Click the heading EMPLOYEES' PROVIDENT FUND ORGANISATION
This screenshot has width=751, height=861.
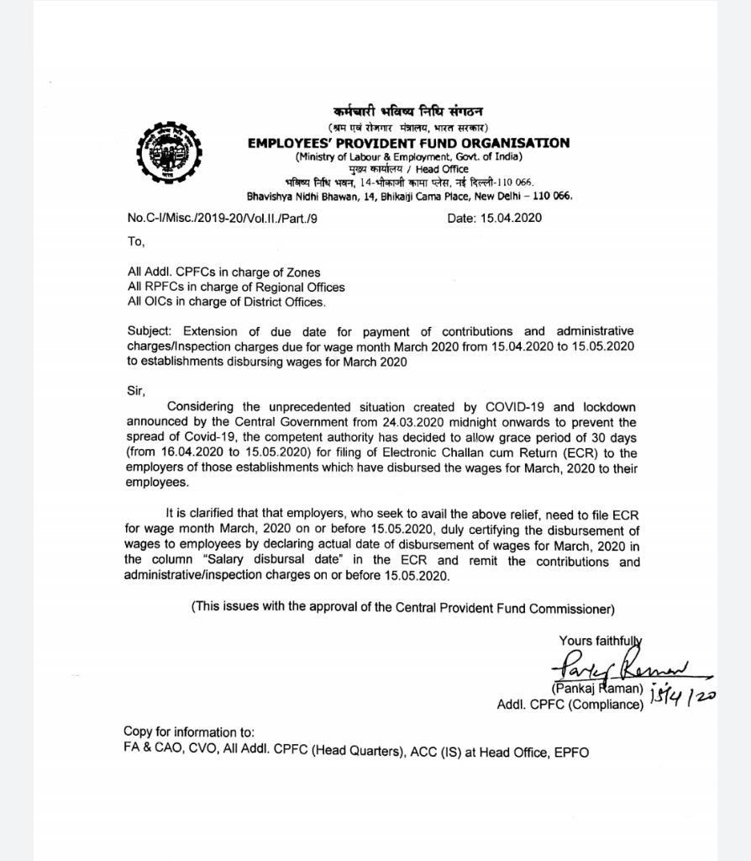pos(408,143)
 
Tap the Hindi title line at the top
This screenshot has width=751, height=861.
pos(407,112)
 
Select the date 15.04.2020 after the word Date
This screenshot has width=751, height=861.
pos(511,218)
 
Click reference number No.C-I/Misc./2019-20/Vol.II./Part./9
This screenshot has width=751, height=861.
pos(223,218)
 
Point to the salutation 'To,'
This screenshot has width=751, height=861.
pos(136,241)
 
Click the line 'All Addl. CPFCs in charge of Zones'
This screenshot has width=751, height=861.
pos(223,272)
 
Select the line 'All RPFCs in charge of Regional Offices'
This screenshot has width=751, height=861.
pos(236,287)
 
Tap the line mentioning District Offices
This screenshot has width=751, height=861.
pos(227,302)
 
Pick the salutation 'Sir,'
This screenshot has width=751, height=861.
pos(136,391)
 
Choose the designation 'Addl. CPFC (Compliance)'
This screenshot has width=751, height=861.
pos(570,705)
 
